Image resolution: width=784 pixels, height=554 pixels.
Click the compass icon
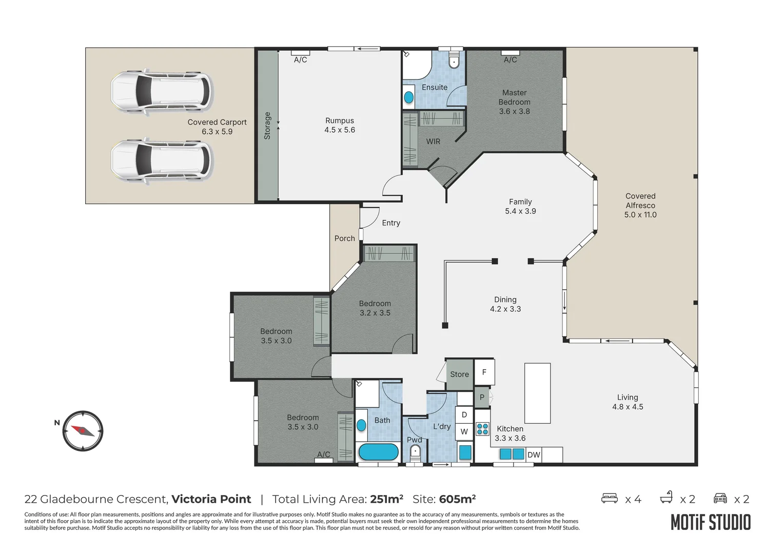83,431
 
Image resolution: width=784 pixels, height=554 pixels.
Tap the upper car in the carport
161,91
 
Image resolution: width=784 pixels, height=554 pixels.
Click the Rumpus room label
339,125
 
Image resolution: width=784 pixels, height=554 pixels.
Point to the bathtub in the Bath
378,452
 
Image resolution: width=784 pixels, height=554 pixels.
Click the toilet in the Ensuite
454,61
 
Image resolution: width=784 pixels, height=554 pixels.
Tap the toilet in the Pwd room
415,452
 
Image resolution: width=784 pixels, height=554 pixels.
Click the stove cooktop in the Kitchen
482,428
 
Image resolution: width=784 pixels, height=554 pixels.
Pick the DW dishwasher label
534,454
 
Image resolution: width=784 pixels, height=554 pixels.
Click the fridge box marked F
484,372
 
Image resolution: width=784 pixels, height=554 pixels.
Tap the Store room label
459,374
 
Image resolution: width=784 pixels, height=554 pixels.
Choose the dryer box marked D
464,414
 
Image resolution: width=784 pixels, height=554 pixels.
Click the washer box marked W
464,431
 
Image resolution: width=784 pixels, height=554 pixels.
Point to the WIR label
433,142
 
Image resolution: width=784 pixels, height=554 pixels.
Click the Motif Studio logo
711,522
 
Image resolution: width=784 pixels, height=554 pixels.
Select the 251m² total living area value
386,499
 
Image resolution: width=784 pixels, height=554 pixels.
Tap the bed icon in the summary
609,498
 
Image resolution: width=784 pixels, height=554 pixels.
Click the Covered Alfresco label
640,205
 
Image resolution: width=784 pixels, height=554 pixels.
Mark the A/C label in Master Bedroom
510,60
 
